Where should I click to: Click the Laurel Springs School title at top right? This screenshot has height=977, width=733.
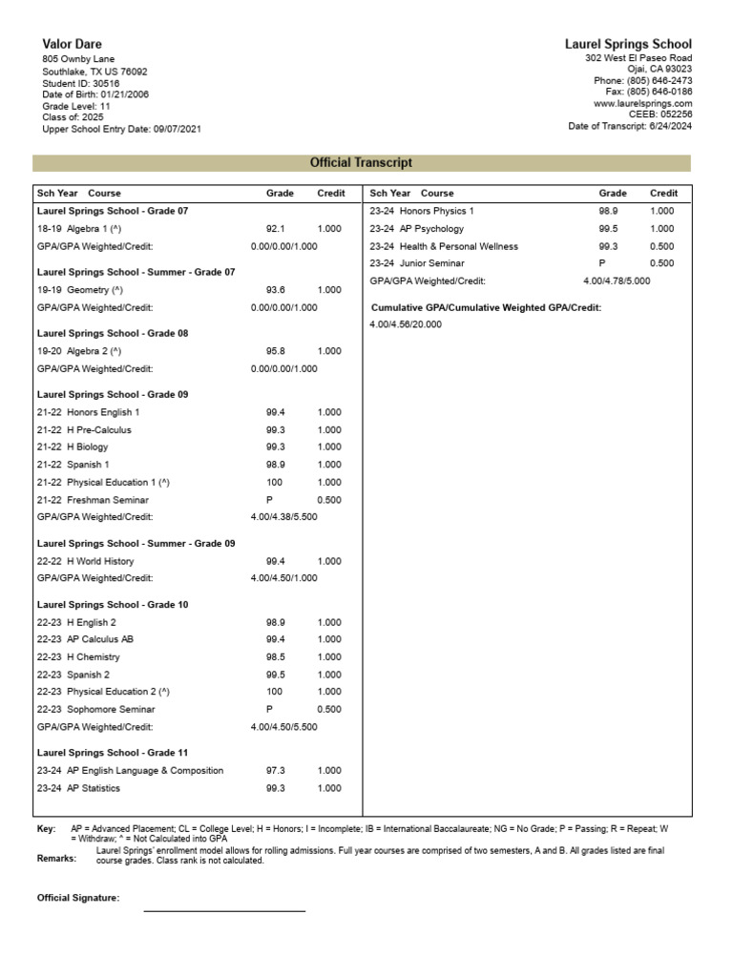pos(628,44)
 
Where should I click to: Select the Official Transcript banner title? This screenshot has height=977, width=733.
pos(362,163)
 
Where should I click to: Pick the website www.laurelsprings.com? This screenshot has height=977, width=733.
pos(642,103)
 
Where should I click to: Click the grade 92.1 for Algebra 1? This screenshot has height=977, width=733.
pos(276,229)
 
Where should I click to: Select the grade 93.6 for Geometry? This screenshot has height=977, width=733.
pos(276,290)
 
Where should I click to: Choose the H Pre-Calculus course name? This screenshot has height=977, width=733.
pos(99,429)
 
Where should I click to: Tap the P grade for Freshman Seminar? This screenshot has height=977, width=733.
pos(269,500)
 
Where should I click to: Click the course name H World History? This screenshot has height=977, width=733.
pos(100,561)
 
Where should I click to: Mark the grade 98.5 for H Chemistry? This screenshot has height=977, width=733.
pos(276,656)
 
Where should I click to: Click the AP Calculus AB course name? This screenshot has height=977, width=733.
pos(106,639)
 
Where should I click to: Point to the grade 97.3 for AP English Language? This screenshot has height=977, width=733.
pos(276,770)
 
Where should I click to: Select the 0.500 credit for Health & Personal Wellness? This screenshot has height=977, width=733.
pos(661,246)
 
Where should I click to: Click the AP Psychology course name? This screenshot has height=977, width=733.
pos(431,229)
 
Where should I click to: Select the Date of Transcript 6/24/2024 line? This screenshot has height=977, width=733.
pos(630,126)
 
